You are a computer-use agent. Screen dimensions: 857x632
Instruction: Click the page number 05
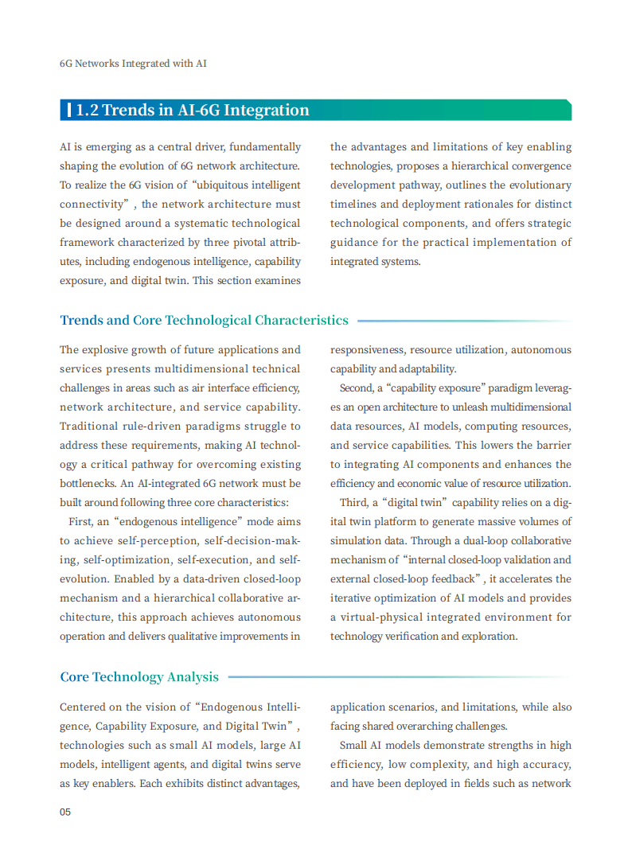[65, 812]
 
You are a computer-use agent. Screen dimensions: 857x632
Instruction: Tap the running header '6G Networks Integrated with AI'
[133, 63]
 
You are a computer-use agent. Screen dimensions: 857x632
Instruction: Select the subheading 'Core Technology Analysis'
[139, 677]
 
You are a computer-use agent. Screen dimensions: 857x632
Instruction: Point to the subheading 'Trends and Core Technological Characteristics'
[204, 321]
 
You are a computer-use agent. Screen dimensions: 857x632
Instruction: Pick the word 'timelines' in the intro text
[354, 205]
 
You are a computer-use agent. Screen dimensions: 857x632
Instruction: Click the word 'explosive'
[111, 350]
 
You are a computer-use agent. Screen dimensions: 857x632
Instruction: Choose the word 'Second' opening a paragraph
[356, 388]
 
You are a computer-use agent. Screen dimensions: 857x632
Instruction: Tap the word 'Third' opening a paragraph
[353, 503]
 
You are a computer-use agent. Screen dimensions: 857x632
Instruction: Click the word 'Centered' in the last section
[84, 707]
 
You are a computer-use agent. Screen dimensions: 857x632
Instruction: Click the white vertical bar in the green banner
[71, 111]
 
